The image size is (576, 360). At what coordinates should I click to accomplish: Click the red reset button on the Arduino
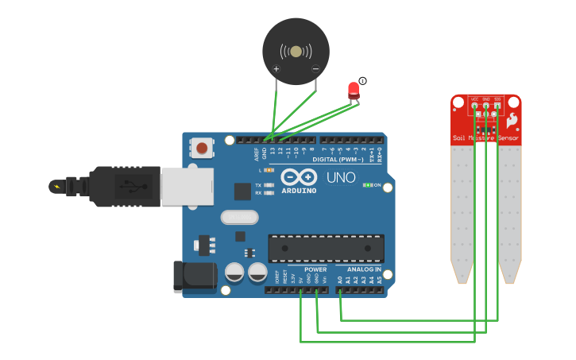[x=203, y=147]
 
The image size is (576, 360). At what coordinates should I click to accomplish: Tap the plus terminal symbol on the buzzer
[x=276, y=69]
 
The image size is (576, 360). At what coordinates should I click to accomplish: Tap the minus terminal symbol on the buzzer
[x=315, y=69]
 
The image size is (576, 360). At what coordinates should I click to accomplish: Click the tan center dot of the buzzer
[x=296, y=52]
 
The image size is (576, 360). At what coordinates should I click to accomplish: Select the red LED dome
[x=354, y=88]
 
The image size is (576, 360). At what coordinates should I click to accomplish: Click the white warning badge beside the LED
[x=362, y=80]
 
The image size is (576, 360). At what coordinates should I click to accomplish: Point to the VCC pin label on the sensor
[x=474, y=99]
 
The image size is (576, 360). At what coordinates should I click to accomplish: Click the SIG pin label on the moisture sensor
[x=497, y=99]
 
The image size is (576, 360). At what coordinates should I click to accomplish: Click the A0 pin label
[x=340, y=279]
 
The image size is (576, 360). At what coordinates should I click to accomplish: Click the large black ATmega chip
[x=326, y=248]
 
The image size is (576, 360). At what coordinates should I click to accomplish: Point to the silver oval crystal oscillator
[x=240, y=217]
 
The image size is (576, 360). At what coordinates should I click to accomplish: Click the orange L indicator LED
[x=269, y=170]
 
